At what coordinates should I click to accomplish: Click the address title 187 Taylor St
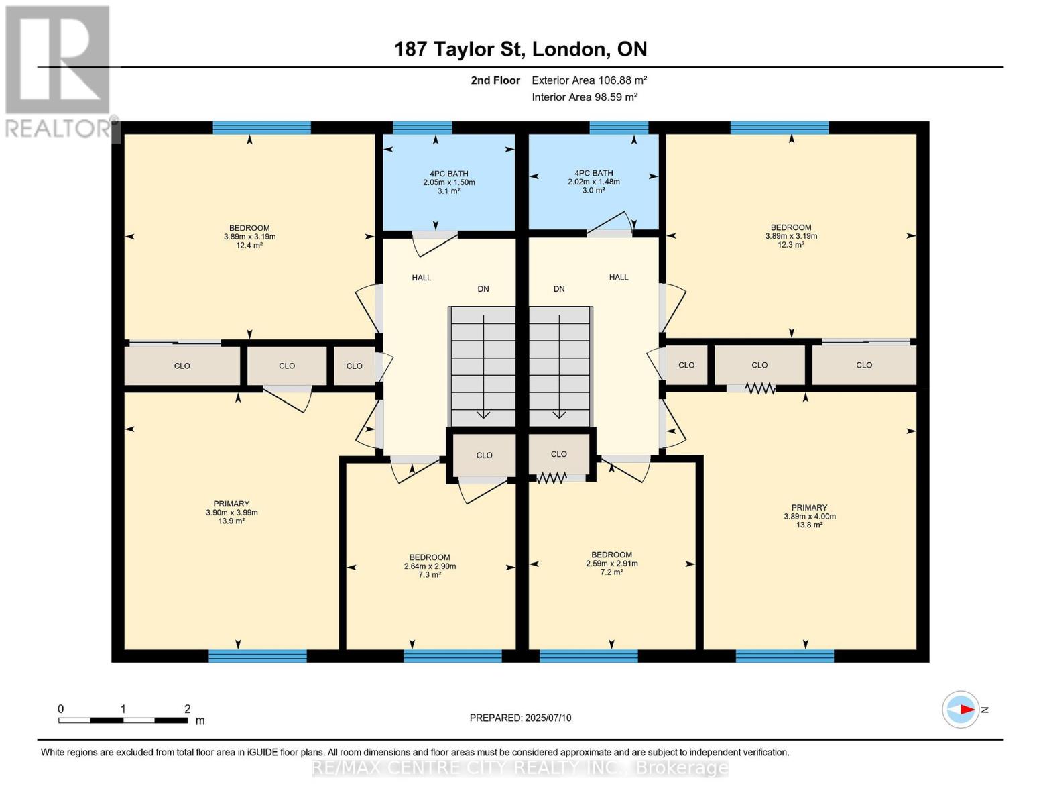coord(520,49)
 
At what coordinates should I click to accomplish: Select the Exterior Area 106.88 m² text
coord(589,80)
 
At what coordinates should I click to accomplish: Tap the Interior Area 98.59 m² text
coord(585,97)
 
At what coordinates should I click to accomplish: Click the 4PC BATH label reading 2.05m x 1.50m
coord(448,182)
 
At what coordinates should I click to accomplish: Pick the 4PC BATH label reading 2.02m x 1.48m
coord(593,181)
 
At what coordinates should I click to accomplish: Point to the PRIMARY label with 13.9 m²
coord(231,512)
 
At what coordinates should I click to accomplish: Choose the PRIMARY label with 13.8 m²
coord(809,516)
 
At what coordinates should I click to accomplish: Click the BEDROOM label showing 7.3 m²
coord(430,566)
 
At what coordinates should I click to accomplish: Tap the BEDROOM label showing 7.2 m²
coord(611,563)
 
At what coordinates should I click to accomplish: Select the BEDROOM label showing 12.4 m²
coord(249,236)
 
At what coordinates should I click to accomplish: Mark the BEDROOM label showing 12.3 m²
coord(791,235)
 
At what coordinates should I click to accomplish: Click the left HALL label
coord(422,277)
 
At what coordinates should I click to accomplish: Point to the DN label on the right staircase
coord(559,289)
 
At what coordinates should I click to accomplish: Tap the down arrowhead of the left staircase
coord(483,415)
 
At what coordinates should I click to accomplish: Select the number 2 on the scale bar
coord(188,708)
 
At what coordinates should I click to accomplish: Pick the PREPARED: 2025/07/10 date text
coord(520,718)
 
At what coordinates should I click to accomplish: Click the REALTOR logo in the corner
coord(59,70)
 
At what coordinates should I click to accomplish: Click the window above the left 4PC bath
coord(422,127)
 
